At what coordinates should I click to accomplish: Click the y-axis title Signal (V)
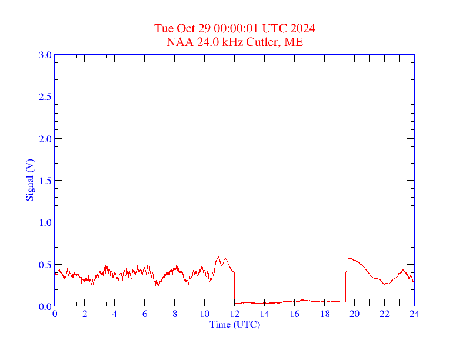(30, 180)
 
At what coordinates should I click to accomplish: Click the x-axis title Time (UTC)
(235, 324)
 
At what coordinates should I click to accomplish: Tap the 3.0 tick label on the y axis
(45, 55)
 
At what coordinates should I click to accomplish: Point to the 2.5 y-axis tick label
(45, 96)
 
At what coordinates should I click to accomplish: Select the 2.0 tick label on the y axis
(45, 139)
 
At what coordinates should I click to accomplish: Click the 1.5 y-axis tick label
(45, 181)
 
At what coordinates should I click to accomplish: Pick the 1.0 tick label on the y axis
(45, 222)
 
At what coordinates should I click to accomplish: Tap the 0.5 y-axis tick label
(45, 265)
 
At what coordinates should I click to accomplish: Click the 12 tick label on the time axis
(235, 314)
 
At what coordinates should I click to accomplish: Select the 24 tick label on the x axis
(414, 314)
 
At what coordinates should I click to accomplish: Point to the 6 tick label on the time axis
(145, 314)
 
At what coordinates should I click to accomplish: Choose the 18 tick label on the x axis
(325, 314)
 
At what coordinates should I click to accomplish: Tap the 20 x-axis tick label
(355, 314)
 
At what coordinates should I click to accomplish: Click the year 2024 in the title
(302, 29)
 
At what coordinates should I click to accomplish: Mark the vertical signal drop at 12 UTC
(235, 288)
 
